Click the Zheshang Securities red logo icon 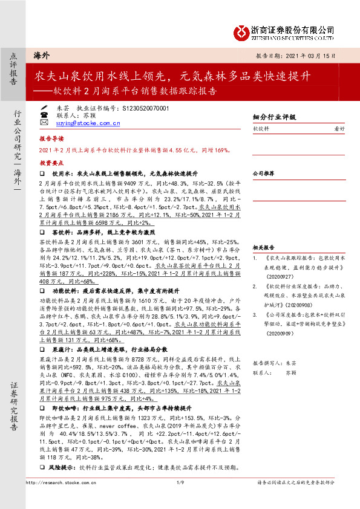coord(241,30)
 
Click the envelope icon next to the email coord(44,122)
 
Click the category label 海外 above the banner coord(41,55)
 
